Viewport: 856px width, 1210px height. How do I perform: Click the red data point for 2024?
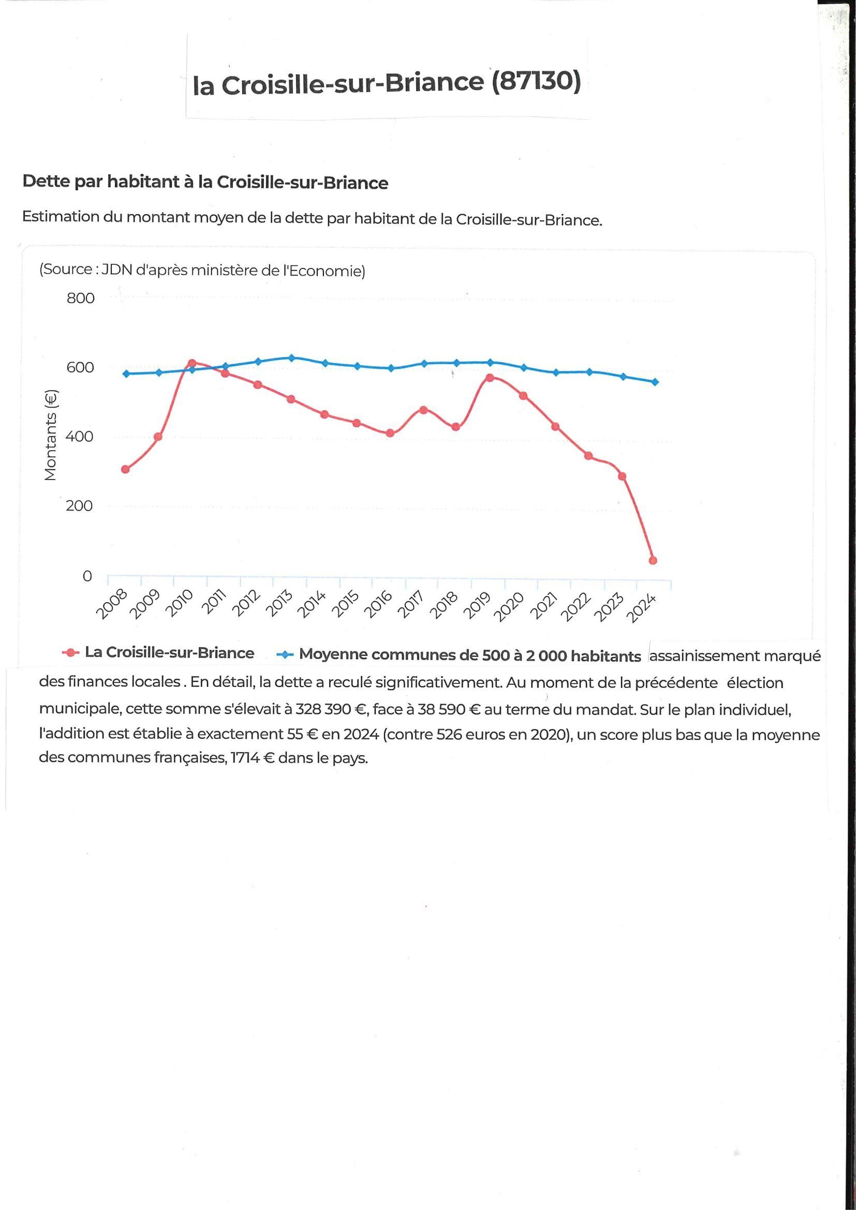(653, 560)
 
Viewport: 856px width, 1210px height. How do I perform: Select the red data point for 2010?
(192, 363)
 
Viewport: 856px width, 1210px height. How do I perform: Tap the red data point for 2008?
(125, 469)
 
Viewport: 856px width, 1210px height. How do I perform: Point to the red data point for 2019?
(490, 377)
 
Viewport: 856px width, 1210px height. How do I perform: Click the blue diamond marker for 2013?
(291, 358)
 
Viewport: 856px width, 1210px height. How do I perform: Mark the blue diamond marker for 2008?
(125, 374)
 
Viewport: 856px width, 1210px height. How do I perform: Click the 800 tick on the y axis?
(80, 298)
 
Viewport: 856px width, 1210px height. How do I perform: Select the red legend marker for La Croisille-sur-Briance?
(70, 653)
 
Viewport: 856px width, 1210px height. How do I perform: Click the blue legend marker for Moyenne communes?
(285, 655)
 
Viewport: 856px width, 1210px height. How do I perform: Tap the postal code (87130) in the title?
(536, 82)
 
